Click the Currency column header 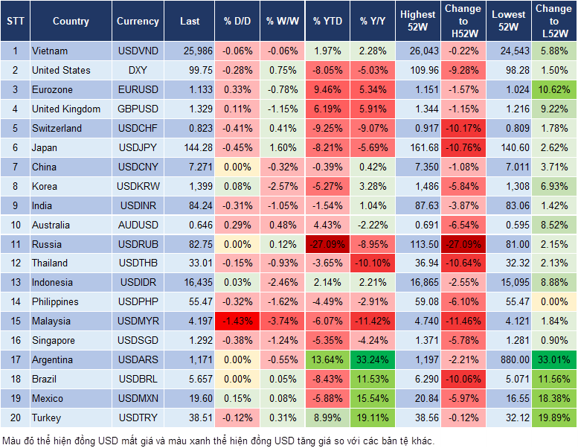point(138,22)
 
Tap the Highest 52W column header point(418,22)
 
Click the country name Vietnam point(50,51)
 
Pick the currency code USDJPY point(138,147)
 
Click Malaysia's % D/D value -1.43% point(237,321)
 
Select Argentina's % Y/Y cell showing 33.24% point(373,359)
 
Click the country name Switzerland point(57,128)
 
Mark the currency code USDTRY point(138,417)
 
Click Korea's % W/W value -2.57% point(282,186)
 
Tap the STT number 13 point(15,282)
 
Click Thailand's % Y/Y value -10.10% point(373,263)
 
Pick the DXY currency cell point(138,71)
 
